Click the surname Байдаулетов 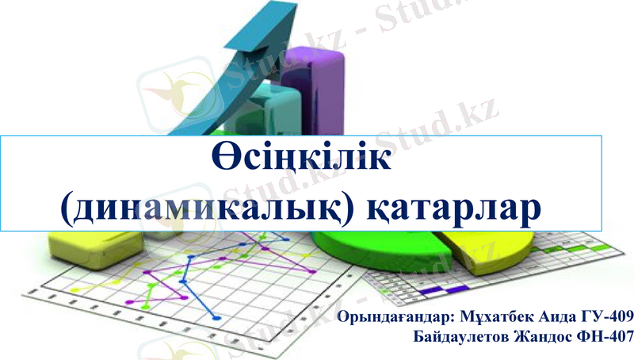(467, 336)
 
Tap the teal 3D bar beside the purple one (277, 111)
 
